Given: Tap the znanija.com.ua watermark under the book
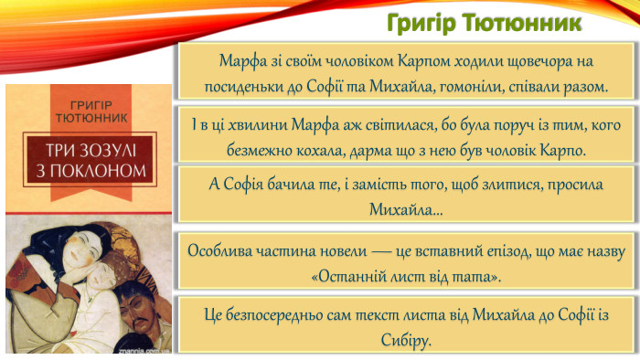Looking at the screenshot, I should [x=137, y=350].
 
